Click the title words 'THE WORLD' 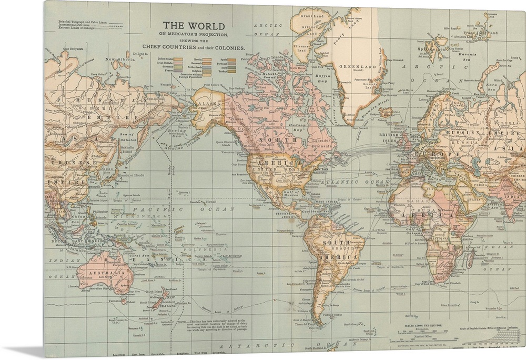point(193,25)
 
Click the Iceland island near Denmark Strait point(386,112)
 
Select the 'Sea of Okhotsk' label point(128,139)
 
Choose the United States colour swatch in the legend point(178,59)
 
